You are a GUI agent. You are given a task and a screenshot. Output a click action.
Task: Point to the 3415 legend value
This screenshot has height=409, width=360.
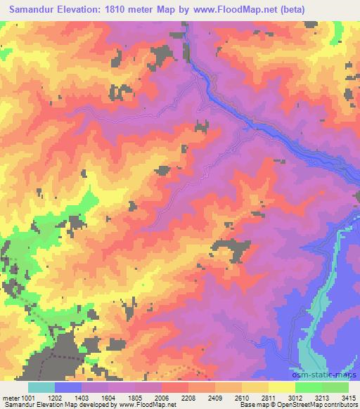point(349,397)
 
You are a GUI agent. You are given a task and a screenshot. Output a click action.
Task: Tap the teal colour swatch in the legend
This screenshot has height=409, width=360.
point(41,387)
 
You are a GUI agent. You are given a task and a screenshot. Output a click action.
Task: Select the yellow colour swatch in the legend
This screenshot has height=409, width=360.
point(281,387)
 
